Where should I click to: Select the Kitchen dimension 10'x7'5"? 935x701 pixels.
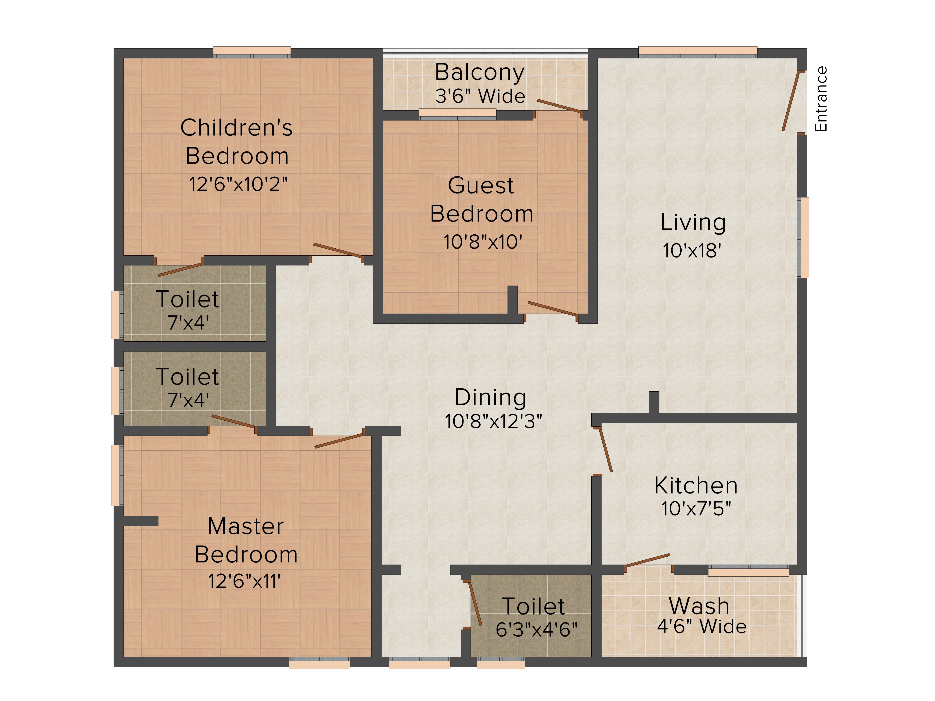point(696,508)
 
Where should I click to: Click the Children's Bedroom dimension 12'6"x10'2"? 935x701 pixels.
point(238,184)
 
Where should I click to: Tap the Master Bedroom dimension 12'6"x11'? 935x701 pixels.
point(244,581)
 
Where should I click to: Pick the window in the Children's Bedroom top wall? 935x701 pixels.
point(252,52)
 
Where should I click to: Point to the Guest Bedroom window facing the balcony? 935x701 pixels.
point(457,114)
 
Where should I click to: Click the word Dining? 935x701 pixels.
point(490,398)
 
